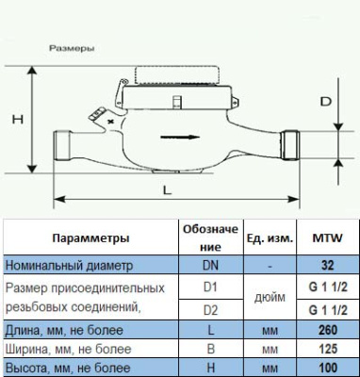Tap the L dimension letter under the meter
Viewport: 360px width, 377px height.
pos(166,189)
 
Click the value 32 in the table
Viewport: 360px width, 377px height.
pos(328,266)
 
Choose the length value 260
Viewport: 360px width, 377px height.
pos(328,329)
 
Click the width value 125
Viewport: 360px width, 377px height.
pos(328,349)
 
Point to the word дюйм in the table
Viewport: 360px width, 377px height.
pos(270,297)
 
